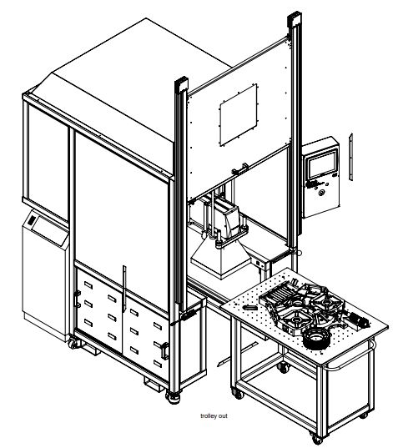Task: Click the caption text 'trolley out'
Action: pos(214,416)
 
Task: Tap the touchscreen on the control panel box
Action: pos(322,164)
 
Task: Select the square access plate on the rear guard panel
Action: pos(239,115)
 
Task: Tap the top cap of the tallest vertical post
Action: pos(295,19)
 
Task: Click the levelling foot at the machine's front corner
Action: pos(174,397)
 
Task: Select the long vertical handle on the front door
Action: pos(124,289)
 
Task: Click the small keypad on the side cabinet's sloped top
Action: pos(32,220)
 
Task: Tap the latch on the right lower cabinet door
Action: pos(165,350)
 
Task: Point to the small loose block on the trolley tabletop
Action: pos(249,307)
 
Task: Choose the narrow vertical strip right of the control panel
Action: pos(350,157)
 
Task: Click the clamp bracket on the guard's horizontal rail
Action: pos(239,169)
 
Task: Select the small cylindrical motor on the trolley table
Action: pos(359,320)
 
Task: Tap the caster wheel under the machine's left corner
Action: pos(74,343)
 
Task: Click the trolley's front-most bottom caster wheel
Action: pos(317,439)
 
